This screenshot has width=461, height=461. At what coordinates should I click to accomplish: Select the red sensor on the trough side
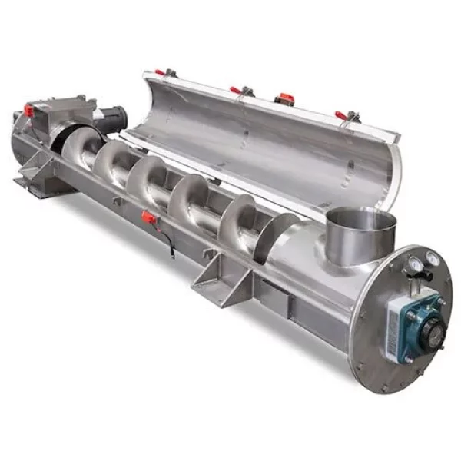(x=148, y=217)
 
